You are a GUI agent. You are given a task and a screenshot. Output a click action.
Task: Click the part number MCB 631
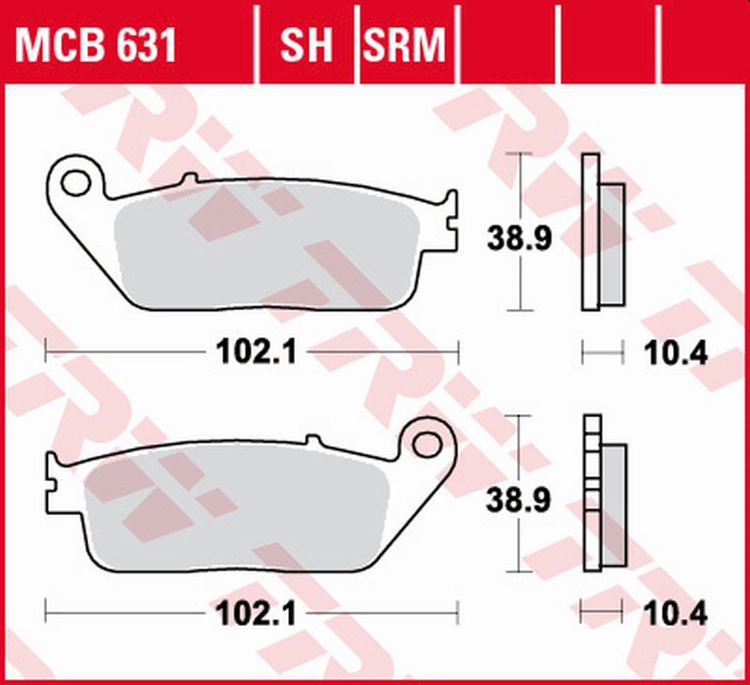tap(96, 45)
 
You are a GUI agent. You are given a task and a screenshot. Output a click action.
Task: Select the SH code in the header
tap(306, 45)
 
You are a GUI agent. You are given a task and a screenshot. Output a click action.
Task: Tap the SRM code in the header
tap(405, 45)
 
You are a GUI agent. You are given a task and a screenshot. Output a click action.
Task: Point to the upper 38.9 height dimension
tap(519, 239)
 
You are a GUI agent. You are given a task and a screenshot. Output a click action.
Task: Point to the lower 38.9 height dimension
tap(519, 500)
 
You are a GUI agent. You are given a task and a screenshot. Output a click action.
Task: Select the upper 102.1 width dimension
tap(254, 351)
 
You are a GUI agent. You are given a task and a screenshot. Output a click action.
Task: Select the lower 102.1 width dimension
tap(254, 612)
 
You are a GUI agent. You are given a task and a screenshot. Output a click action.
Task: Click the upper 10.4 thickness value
tap(676, 352)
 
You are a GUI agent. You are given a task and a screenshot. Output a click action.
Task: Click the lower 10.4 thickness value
tap(676, 613)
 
